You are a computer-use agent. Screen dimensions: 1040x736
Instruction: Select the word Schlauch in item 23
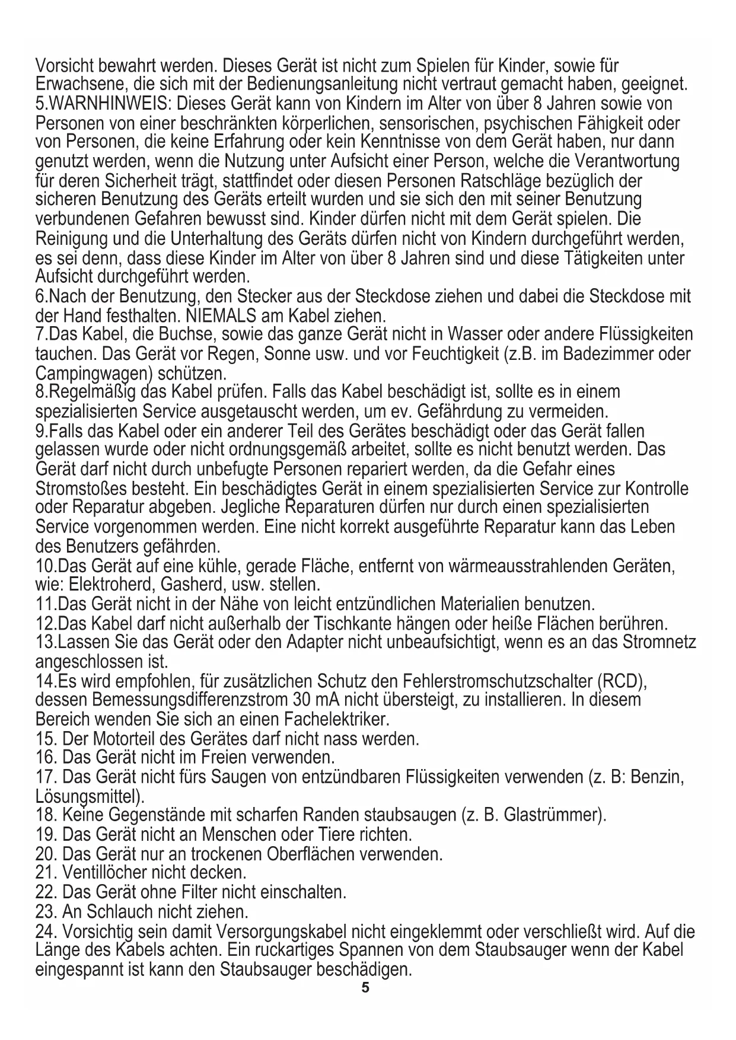116,911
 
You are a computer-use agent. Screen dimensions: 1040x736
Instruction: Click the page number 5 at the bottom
365,988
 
